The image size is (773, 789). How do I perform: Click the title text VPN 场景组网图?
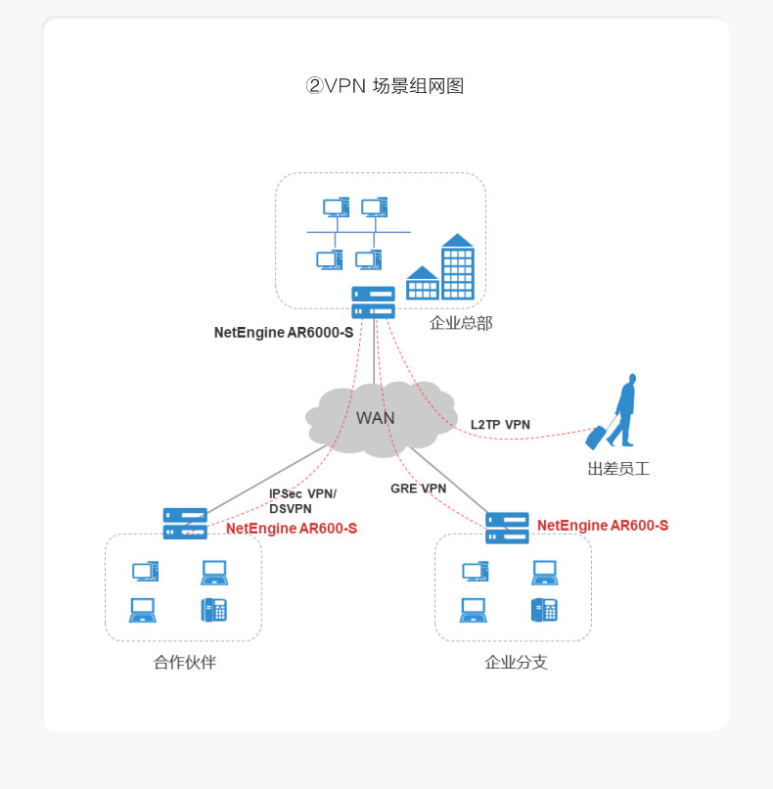coord(385,86)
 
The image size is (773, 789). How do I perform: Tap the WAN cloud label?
coord(376,418)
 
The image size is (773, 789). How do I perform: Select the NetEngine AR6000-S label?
coord(284,333)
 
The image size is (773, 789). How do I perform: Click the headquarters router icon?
coord(374,302)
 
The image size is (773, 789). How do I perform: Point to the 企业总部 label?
coord(461,323)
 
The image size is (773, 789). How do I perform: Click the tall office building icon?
coord(457,267)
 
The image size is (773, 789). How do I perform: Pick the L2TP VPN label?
coord(500,425)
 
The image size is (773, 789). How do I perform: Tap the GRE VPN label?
coord(418,488)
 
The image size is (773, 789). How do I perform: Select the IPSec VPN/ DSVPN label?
coord(302,501)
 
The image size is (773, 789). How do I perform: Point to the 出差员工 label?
coord(618,469)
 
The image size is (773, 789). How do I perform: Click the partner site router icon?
coord(185,523)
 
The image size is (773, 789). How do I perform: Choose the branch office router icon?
coord(507,528)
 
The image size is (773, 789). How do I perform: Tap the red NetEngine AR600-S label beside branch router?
coord(603,526)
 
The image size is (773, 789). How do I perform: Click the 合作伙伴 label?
coord(185,663)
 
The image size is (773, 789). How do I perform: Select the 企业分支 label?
coord(517,663)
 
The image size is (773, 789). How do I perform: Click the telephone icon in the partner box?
coord(214,610)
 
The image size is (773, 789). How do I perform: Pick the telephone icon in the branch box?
coord(545,610)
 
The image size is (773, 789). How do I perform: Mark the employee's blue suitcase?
coord(596,437)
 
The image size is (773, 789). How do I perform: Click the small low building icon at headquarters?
coord(422,283)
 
